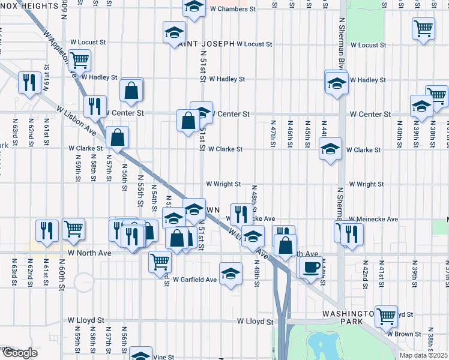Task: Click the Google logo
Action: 19,353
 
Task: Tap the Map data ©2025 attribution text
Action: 423,355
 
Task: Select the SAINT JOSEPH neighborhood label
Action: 205,44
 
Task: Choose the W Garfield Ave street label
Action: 194,280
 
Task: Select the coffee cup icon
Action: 310,267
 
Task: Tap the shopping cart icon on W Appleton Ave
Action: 79,60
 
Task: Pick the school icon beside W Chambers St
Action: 193,7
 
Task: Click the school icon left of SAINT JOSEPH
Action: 175,32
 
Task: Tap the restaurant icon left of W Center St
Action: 95,106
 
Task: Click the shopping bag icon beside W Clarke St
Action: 118,137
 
